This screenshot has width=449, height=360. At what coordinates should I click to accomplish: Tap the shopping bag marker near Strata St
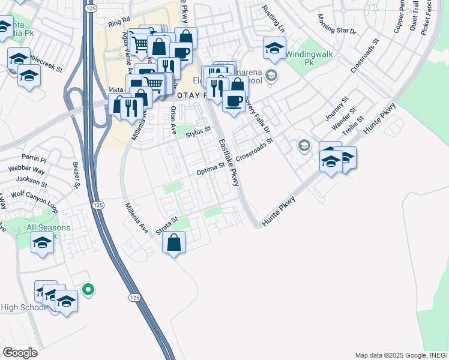pyautogui.click(x=173, y=243)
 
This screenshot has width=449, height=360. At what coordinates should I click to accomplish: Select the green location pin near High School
pyautogui.click(x=88, y=290)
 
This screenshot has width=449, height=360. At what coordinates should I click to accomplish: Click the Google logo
pyautogui.click(x=20, y=353)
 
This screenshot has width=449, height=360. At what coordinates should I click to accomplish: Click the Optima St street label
pyautogui.click(x=210, y=169)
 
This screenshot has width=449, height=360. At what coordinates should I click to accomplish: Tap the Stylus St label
pyautogui.click(x=199, y=131)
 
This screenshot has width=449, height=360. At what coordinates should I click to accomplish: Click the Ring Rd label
pyautogui.click(x=119, y=23)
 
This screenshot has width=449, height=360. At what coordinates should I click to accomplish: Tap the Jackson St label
pyautogui.click(x=32, y=179)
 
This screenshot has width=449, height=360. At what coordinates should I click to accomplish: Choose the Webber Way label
pyautogui.click(x=27, y=170)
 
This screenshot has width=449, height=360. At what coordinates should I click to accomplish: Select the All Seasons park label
pyautogui.click(x=48, y=228)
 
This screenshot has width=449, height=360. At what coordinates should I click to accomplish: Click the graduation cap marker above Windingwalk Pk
pyautogui.click(x=274, y=48)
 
